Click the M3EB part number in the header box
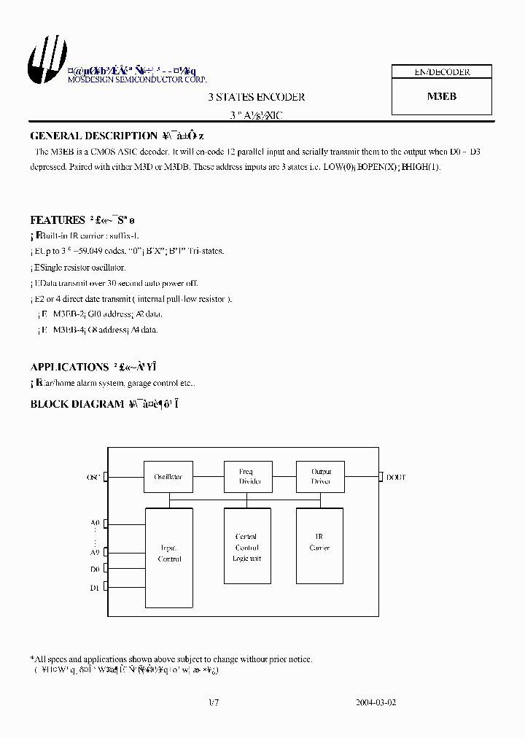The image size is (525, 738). (x=441, y=96)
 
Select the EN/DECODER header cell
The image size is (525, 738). (x=442, y=72)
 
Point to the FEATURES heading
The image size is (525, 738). (x=58, y=220)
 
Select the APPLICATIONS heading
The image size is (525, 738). (x=69, y=367)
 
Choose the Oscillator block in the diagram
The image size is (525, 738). (x=168, y=477)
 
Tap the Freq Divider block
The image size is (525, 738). (x=246, y=476)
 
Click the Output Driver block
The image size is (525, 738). (x=321, y=476)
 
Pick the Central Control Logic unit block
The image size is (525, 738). (x=246, y=546)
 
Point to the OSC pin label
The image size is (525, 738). (x=93, y=477)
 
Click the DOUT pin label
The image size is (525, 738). (x=396, y=477)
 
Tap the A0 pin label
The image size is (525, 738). (x=94, y=523)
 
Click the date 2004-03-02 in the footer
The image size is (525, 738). (x=376, y=703)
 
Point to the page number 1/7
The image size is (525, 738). (x=213, y=703)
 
